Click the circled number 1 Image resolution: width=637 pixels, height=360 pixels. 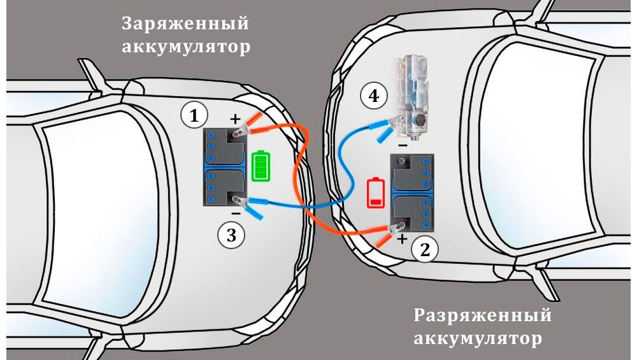coord(194,115)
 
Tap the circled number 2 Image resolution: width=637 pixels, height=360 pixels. coord(424,249)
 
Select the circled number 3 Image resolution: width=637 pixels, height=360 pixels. coord(231,235)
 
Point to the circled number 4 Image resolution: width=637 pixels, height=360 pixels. coord(373,96)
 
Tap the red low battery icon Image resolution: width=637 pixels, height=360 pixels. coord(375,193)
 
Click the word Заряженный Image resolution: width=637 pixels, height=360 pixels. coord(185,24)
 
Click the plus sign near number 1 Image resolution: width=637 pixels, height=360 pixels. coord(236,119)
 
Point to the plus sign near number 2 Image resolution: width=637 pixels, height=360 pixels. coord(402,240)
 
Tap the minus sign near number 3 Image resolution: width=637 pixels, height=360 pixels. coord(236,214)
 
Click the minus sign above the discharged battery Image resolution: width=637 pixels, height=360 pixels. coord(403,145)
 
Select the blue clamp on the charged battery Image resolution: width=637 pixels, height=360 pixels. coord(252,204)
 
